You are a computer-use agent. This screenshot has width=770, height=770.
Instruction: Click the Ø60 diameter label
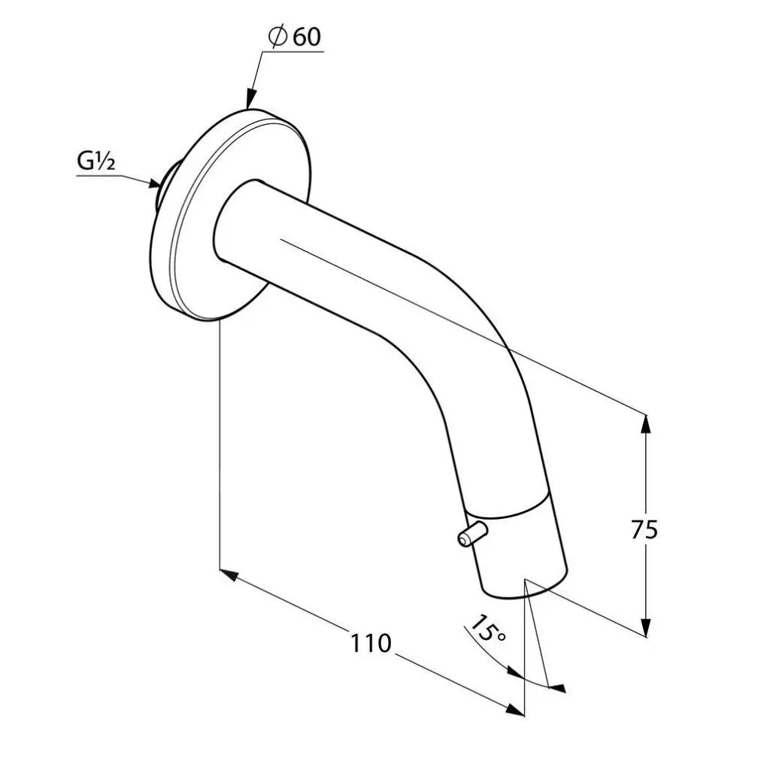click(294, 38)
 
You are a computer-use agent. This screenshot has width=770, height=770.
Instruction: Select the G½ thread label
click(95, 162)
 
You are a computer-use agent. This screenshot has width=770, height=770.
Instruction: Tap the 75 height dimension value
click(644, 529)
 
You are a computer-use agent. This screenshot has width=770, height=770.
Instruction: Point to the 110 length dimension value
click(371, 643)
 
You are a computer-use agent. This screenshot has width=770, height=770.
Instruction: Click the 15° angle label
click(487, 629)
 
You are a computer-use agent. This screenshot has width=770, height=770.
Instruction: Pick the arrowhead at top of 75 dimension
click(645, 423)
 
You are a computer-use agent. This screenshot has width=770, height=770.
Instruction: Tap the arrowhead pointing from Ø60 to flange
click(248, 99)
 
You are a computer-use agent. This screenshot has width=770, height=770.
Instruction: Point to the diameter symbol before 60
click(277, 38)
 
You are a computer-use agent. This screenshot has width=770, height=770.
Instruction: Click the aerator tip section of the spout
click(519, 549)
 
